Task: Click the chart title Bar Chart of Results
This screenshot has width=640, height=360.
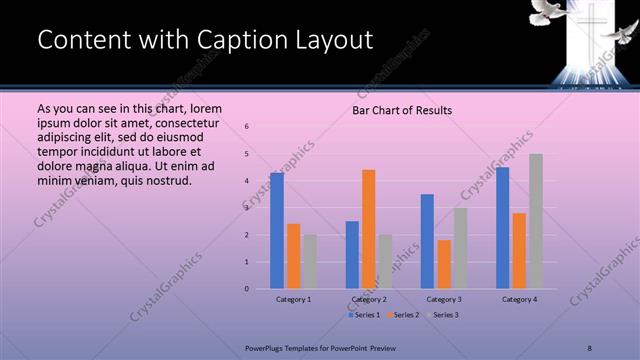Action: [x=402, y=110]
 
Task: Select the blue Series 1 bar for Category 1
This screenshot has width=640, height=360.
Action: [x=277, y=230]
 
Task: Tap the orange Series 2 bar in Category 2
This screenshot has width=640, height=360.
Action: [x=368, y=229]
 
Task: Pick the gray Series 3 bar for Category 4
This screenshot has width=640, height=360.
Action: [x=536, y=221]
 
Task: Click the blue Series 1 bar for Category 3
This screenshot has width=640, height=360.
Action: [x=427, y=241]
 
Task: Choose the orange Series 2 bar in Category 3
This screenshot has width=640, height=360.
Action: [x=444, y=264]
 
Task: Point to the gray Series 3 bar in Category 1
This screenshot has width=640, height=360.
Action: [x=310, y=262]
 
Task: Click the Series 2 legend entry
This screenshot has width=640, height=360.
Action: [x=402, y=315]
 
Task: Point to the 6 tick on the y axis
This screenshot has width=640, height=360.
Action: [x=247, y=126]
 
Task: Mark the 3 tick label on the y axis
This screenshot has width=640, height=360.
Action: [x=247, y=208]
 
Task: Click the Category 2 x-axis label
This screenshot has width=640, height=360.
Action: [x=368, y=299]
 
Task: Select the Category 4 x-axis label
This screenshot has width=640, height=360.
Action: [x=519, y=299]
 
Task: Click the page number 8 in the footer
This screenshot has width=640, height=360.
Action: [x=590, y=347]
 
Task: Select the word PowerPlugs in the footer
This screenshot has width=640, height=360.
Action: [x=265, y=347]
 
